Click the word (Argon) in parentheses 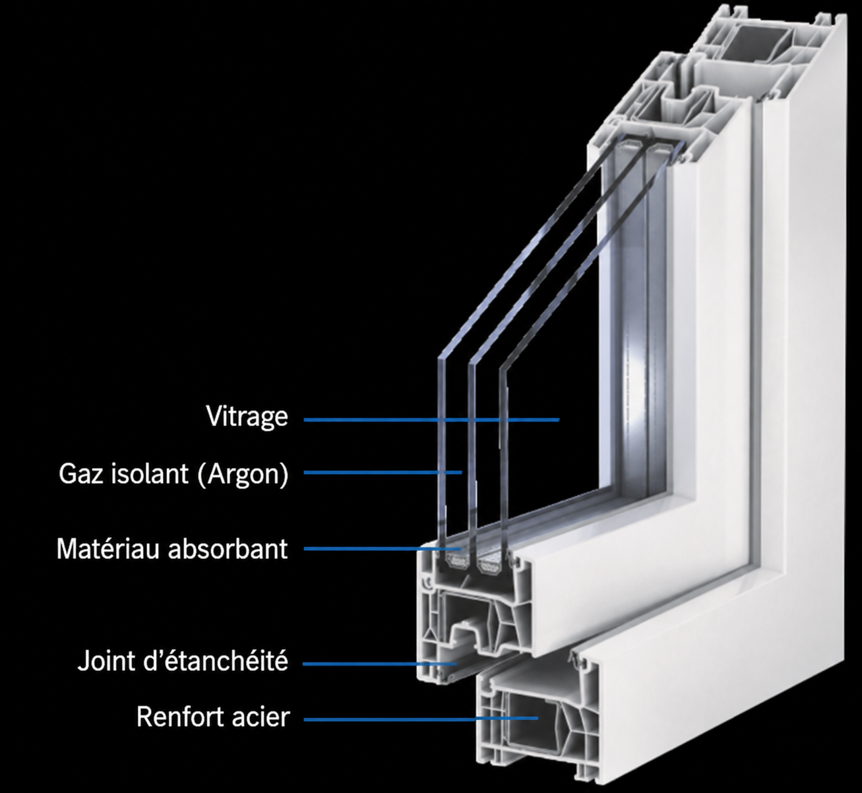[x=243, y=475]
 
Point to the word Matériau [x=108, y=548]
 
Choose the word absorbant [x=228, y=548]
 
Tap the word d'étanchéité [x=215, y=661]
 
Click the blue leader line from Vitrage [x=431, y=420]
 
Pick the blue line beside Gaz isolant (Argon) [x=383, y=473]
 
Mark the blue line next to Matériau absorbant [x=383, y=548]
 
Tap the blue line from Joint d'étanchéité [x=380, y=664]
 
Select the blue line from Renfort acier [x=421, y=718]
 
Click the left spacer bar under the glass [x=456, y=562]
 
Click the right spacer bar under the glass [x=490, y=562]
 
